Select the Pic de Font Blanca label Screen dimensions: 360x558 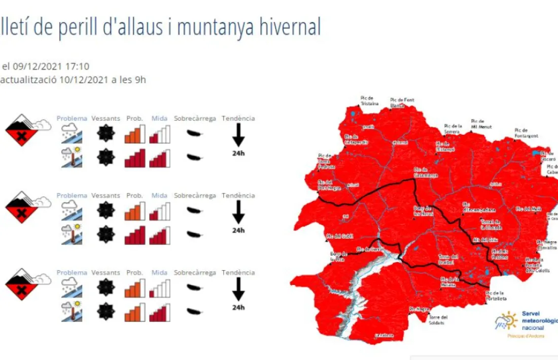coord(402,102)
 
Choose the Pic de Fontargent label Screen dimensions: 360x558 coord(526,133)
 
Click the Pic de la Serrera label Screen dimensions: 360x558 coord(452,129)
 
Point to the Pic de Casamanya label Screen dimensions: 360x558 coord(425,172)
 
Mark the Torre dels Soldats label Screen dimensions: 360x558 coord(438,320)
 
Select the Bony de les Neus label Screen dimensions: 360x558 coord(423,211)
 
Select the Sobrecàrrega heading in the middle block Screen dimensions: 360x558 coord(195,196)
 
